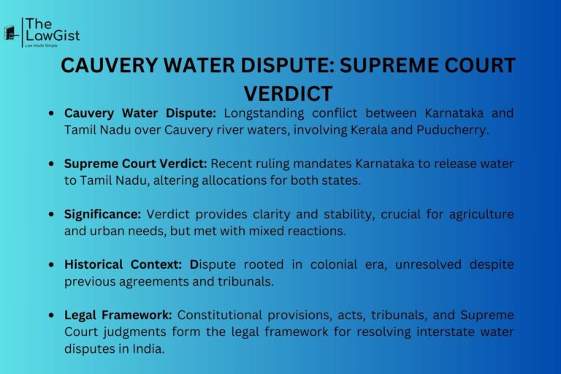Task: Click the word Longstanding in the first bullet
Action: point(264,113)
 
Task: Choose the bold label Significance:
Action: point(103,214)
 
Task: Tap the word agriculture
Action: point(479,214)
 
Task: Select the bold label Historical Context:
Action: point(125,264)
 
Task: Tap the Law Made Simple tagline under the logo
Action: point(42,46)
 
